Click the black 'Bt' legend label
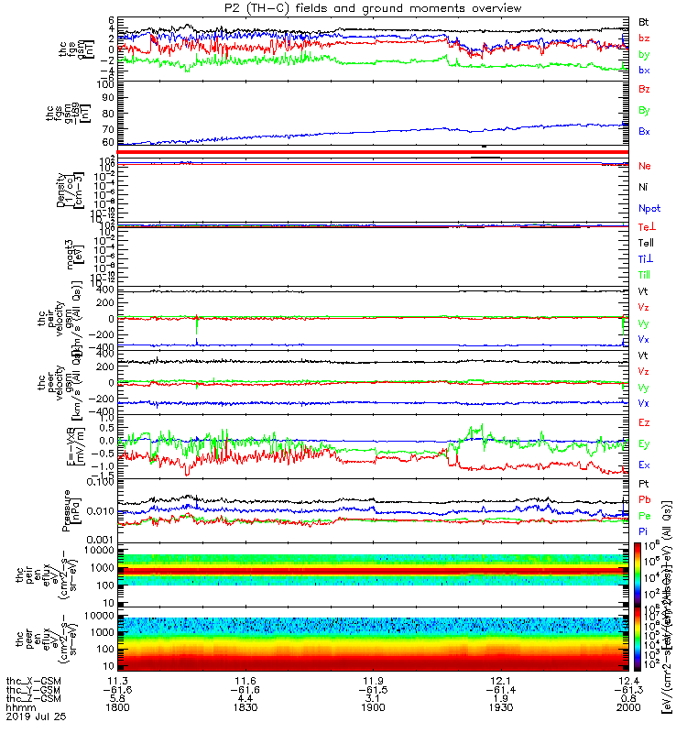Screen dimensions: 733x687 (x=645, y=21)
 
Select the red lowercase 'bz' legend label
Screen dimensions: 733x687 (x=645, y=38)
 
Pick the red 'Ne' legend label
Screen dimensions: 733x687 (x=646, y=166)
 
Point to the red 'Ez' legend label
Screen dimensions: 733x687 (x=645, y=422)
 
